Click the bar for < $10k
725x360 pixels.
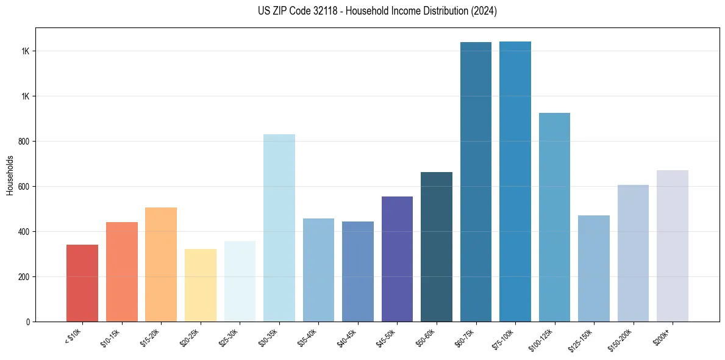pyautogui.click(x=82, y=283)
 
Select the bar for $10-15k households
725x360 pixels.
pyautogui.click(x=122, y=272)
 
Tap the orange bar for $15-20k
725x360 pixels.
pyautogui.click(x=161, y=265)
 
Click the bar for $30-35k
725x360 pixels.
pyautogui.click(x=279, y=228)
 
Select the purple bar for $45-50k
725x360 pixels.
pyautogui.click(x=397, y=259)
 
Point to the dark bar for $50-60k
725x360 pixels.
pyautogui.click(x=437, y=247)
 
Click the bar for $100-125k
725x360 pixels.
pyautogui.click(x=554, y=217)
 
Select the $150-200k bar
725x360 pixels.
pyautogui.click(x=633, y=253)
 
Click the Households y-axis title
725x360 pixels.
pyautogui.click(x=10, y=175)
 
